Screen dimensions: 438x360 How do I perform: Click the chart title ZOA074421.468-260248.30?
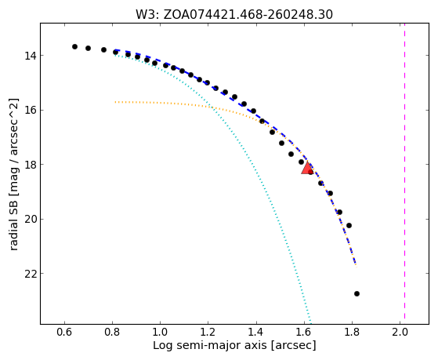point(248,15)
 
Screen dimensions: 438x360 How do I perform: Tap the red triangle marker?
point(307,168)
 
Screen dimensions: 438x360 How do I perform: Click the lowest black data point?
point(357,293)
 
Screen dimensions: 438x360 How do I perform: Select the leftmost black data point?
point(74,47)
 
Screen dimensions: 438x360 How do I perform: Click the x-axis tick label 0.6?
point(64,333)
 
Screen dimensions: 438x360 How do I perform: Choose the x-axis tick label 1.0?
point(161,333)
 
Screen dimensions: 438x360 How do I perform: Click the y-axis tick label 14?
point(31,56)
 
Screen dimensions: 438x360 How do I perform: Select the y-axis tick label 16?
point(31,111)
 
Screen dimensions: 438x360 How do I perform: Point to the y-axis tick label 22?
point(31,274)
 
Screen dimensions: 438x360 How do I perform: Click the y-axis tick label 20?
point(31,220)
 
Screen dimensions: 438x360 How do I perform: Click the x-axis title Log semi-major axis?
point(209,346)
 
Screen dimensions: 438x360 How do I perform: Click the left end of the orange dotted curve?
point(115,102)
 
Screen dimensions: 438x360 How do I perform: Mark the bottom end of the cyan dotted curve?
point(310,323)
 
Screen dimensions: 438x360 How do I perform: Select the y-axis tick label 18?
point(31,165)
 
